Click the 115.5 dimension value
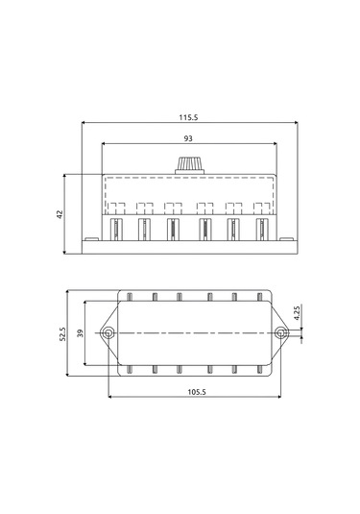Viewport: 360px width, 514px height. (188, 117)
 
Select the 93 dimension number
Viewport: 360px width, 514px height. (188, 138)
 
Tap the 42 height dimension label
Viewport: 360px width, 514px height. (60, 214)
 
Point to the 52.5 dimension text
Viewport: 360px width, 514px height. (62, 334)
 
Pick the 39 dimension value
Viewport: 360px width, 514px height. (80, 333)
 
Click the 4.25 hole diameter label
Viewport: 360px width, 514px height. (297, 313)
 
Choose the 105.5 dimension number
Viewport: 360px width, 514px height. (197, 392)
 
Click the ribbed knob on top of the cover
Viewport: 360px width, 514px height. (190, 165)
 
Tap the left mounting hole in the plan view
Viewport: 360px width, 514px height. (108, 333)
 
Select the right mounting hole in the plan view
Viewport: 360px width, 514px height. (280, 333)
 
